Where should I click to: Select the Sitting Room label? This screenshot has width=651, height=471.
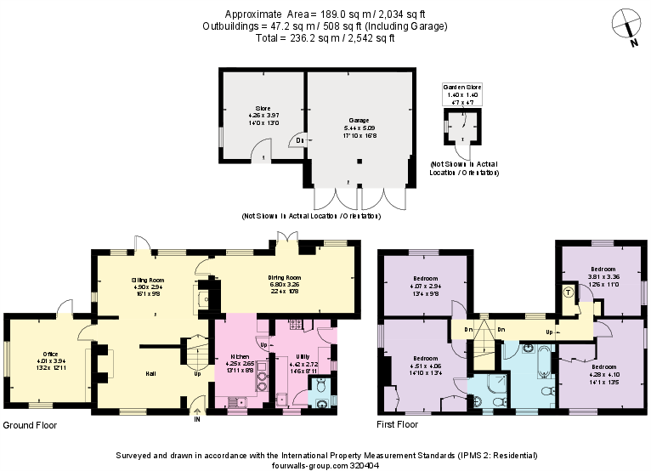147,280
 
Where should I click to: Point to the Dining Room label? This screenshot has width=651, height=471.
286,277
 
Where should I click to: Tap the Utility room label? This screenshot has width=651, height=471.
302,357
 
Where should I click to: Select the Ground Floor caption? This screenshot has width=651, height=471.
31,424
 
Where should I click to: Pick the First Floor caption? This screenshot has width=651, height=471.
399,424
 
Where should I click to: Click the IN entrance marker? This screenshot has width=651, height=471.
196,419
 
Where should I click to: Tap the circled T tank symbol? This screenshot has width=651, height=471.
568,292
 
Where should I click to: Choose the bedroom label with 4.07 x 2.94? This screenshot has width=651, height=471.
426,279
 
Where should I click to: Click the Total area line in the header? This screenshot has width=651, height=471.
325,38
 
